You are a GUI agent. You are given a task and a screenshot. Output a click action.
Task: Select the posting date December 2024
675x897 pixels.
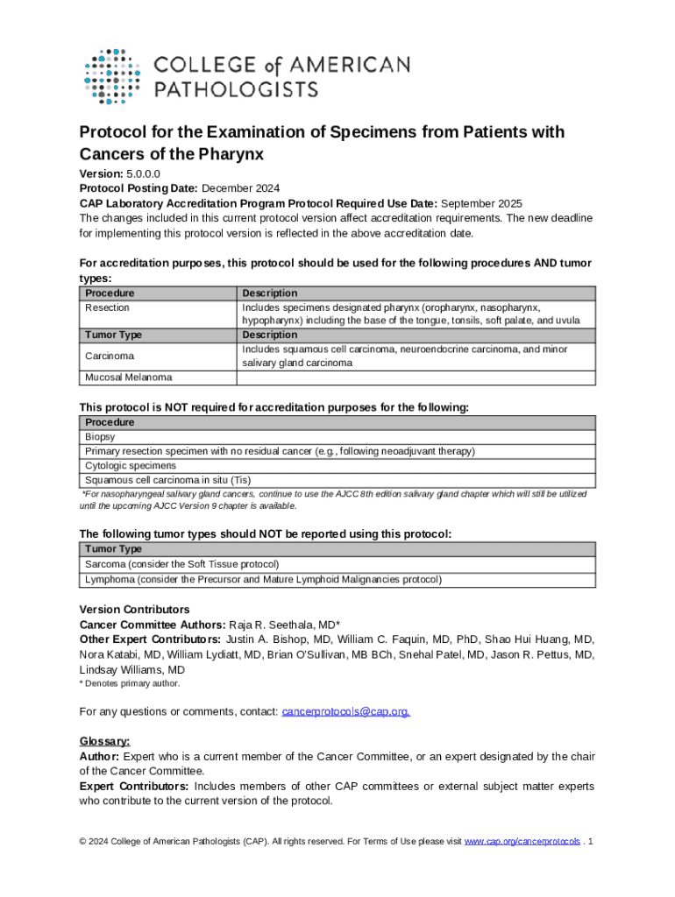(x=241, y=188)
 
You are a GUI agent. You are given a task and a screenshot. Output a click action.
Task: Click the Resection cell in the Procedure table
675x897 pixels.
(x=107, y=307)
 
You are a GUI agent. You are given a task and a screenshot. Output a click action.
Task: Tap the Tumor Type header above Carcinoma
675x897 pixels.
(x=113, y=335)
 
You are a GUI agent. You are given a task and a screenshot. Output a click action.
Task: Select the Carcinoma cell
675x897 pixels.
(x=110, y=357)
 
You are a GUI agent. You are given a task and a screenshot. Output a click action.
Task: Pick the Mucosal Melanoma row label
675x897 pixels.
(x=128, y=378)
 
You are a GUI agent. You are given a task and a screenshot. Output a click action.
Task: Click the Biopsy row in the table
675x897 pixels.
(x=100, y=436)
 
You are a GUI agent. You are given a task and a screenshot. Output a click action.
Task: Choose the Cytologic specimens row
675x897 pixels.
(x=131, y=465)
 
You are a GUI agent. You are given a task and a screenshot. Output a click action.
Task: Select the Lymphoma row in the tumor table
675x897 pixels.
(x=263, y=579)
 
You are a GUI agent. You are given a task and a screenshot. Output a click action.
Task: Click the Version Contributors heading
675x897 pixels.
(x=134, y=610)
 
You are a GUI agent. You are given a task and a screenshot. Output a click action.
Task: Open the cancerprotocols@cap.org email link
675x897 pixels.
(x=345, y=711)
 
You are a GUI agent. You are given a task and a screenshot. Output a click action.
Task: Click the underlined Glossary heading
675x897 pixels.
(x=105, y=741)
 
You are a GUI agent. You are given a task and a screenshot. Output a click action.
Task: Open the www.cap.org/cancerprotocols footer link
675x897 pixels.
(x=522, y=842)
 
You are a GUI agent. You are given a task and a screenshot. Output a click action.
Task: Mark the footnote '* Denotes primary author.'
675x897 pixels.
(x=130, y=683)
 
